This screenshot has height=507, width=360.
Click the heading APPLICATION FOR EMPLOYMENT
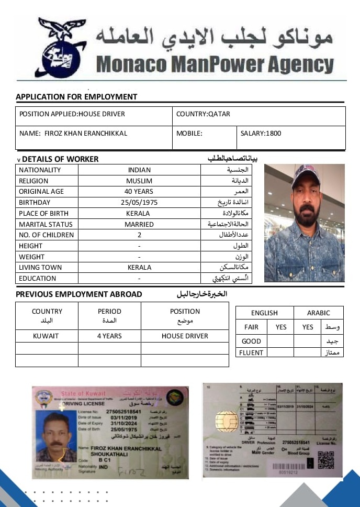pyautogui.click(x=76, y=97)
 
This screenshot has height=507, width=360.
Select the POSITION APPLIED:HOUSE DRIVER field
pyautogui.click(x=72, y=114)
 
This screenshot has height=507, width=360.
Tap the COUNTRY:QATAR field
pyautogui.click(x=203, y=114)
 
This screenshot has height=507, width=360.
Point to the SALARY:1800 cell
pyautogui.click(x=261, y=134)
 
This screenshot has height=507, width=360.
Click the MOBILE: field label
pyautogui.click(x=189, y=134)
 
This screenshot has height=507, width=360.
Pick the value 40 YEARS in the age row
pyautogui.click(x=139, y=192)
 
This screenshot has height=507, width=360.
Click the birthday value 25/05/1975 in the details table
pyautogui.click(x=139, y=203)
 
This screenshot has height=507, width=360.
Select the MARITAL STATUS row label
pyautogui.click(x=46, y=224)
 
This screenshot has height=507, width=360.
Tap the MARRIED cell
pyautogui.click(x=139, y=224)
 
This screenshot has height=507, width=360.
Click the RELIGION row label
pyautogui.click(x=33, y=181)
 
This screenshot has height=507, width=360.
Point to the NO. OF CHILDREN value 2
pyautogui.click(x=139, y=235)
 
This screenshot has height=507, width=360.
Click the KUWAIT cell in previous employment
pyautogui.click(x=46, y=336)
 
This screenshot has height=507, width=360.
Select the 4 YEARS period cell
pyautogui.click(x=109, y=336)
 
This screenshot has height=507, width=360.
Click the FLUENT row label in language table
pyautogui.click(x=251, y=352)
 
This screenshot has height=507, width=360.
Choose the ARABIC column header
pyautogui.click(x=319, y=313)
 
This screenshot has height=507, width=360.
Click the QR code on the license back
pyautogui.click(x=326, y=459)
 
